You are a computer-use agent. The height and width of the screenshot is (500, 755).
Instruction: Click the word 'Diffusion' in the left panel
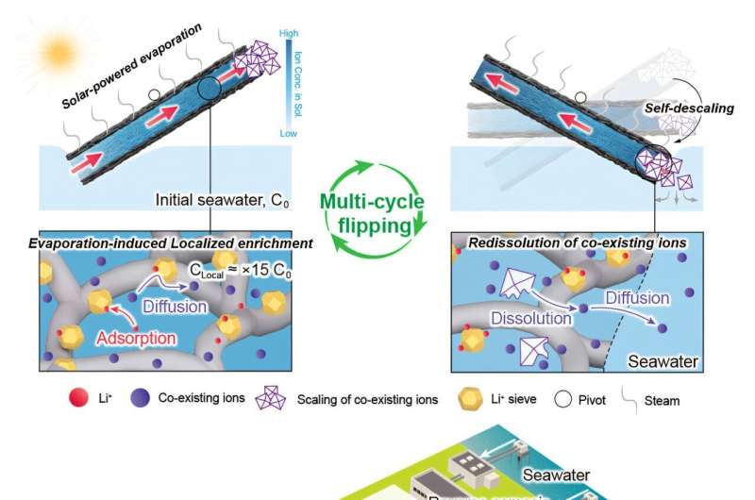pos(174,305)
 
